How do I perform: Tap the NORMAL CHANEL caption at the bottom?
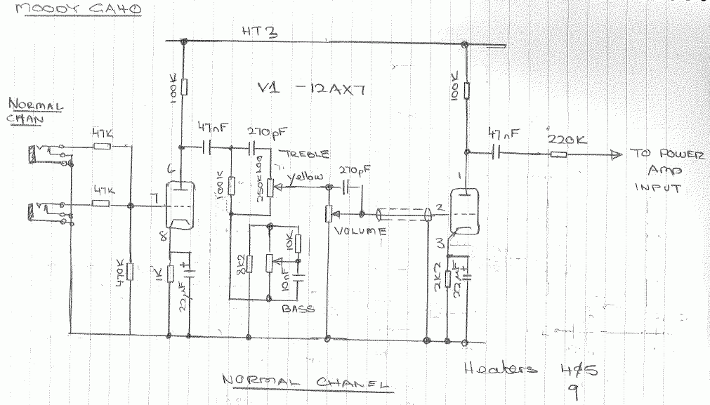(305, 383)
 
